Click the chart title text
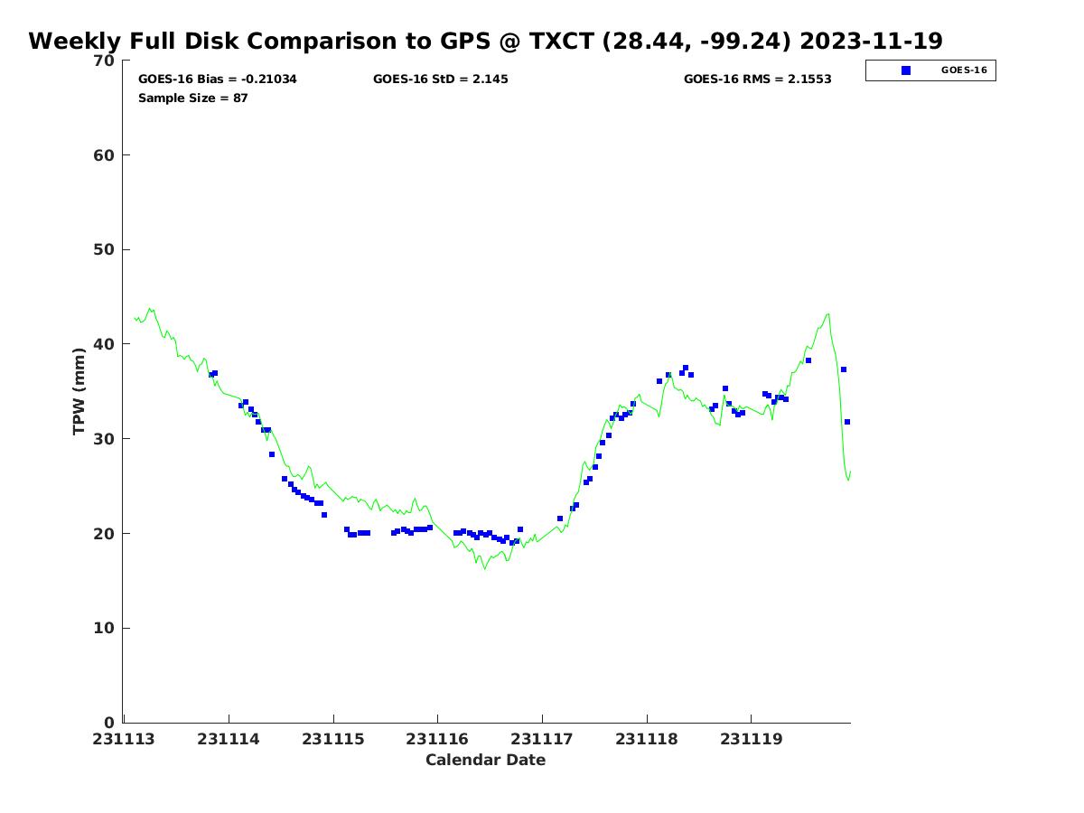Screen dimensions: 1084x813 coord(485,41)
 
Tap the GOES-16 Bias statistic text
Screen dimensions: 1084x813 coord(218,79)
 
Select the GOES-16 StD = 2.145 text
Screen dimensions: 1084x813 coord(440,79)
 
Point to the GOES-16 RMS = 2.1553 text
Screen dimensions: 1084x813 coord(757,79)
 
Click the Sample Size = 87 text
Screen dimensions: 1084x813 coord(192,98)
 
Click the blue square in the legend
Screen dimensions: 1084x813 coord(906,70)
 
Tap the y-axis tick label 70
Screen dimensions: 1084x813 coord(104,61)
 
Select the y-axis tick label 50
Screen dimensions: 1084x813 coord(104,250)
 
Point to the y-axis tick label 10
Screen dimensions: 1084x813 coord(104,628)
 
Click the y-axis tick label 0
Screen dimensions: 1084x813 coord(109,723)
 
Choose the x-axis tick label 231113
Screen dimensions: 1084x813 coord(124,739)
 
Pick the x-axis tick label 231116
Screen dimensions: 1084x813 coord(437,739)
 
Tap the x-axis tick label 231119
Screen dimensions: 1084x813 coord(752,739)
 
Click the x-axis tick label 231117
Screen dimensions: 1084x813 coord(542,739)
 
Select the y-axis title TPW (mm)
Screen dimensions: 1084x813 coord(79,391)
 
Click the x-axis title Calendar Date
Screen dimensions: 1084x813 coord(485,760)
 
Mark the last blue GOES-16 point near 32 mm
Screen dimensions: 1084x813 coord(847,422)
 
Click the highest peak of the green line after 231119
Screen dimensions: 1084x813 coord(828,313)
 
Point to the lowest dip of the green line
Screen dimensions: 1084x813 coord(484,569)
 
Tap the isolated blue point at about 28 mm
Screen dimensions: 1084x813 coord(272,454)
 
